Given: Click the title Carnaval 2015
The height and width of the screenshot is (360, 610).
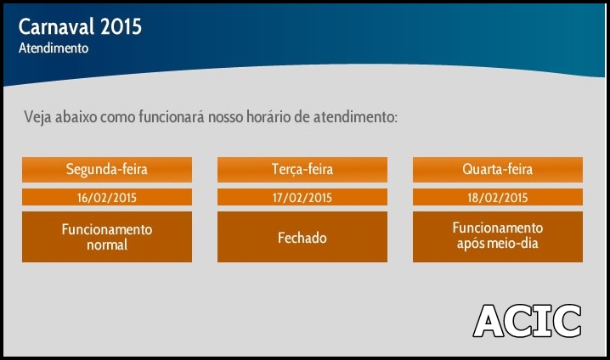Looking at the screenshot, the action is click(x=80, y=27).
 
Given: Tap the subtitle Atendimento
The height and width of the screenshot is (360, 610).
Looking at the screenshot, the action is click(x=54, y=48).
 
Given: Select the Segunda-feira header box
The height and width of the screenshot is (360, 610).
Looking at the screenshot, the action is click(x=107, y=170).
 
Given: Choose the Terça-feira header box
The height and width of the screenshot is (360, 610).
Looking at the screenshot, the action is click(x=302, y=170).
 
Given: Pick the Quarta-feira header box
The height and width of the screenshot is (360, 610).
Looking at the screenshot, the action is click(x=498, y=170).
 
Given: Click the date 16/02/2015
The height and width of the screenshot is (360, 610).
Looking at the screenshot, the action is click(x=107, y=198).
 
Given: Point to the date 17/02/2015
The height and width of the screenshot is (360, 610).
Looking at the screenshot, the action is click(x=302, y=198).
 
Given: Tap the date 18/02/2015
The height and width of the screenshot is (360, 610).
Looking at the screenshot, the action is click(x=498, y=198).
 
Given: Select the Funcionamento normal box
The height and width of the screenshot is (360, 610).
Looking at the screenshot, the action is click(x=107, y=237).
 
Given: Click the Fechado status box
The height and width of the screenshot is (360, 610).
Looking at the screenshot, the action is click(x=302, y=237).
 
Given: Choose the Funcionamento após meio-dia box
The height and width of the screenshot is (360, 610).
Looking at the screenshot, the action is click(x=498, y=237).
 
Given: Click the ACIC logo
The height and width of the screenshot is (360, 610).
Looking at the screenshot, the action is click(x=527, y=321).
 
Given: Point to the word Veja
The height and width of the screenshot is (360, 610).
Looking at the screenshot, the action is click(x=37, y=117).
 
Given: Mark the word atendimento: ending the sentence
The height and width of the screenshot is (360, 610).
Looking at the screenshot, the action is click(x=356, y=116).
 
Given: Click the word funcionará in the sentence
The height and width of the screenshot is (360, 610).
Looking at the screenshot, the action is click(x=172, y=116).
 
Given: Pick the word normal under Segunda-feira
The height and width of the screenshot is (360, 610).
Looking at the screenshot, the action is click(x=107, y=245).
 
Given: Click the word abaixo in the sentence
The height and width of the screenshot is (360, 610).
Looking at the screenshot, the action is click(x=76, y=116).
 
